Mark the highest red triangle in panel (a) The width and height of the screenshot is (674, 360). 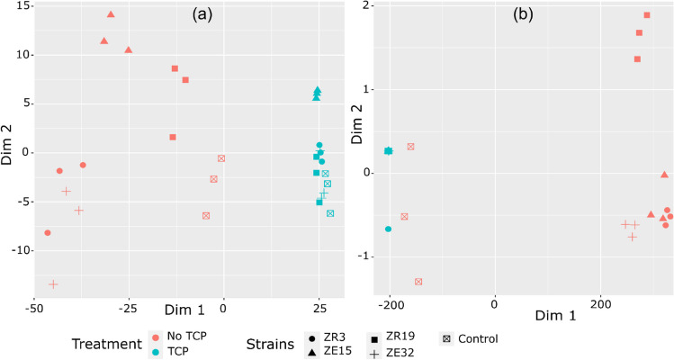click(111, 14)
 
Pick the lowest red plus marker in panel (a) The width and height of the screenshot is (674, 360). click(53, 284)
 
